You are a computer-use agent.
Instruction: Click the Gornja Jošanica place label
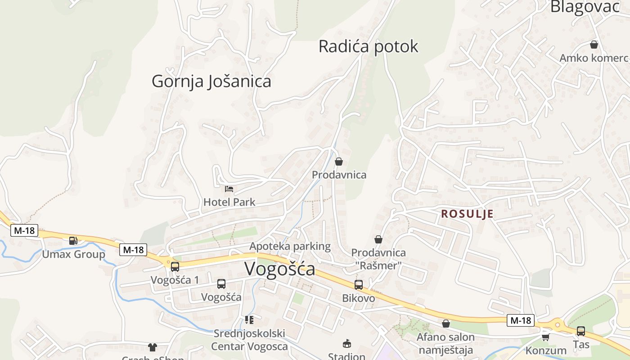[211, 81]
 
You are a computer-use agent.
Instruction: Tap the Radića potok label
[368, 46]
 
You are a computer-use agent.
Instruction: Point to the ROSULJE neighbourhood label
[467, 214]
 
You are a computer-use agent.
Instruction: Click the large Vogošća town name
[279, 269]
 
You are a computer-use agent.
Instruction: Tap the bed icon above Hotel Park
[229, 189]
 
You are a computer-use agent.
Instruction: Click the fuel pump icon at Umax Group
[73, 241]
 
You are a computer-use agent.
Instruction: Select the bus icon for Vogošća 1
[175, 266]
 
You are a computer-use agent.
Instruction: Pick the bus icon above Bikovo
[358, 284]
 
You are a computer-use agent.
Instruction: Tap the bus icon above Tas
[580, 331]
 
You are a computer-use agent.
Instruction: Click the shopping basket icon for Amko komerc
[594, 45]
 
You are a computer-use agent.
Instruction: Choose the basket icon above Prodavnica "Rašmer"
[378, 239]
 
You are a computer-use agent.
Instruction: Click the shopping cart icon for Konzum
[545, 337]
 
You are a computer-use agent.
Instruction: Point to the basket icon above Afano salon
[445, 324]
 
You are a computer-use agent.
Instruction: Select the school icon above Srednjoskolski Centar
[249, 320]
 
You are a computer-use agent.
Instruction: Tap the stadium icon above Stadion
[346, 343]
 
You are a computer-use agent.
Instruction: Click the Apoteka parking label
[290, 246]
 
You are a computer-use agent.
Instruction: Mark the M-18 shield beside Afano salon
[521, 320]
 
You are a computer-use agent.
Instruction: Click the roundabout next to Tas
[558, 324]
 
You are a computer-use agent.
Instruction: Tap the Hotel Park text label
[229, 202]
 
